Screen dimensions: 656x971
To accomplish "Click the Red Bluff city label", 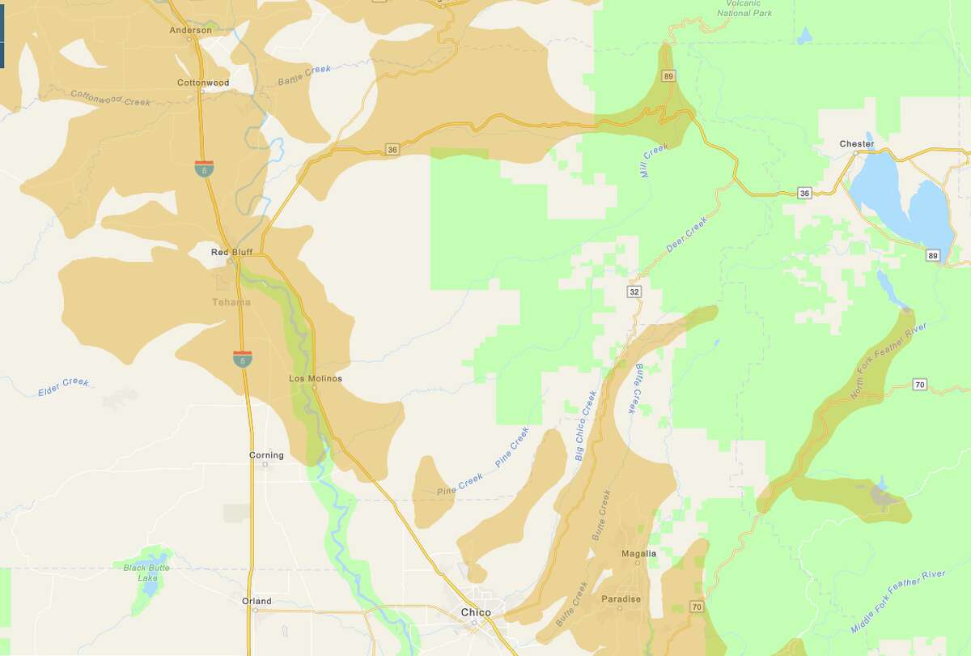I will (231, 252).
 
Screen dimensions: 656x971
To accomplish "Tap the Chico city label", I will (475, 612).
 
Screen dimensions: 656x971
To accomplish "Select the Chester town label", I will (856, 144).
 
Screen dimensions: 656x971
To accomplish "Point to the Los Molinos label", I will (316, 378).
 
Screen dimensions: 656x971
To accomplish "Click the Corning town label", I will (266, 455).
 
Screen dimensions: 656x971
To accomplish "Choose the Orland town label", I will (257, 601).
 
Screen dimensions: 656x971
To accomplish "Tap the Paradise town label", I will (621, 599).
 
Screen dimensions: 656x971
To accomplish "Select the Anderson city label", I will (191, 31).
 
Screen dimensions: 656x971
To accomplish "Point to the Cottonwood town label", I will (203, 83).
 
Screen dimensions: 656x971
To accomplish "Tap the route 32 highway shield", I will (634, 290).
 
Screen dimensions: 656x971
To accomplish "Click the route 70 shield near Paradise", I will (696, 606).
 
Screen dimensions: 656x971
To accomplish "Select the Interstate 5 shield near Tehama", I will (241, 358).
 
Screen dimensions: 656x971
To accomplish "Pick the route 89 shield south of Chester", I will (933, 255).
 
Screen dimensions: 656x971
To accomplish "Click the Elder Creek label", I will (63, 387).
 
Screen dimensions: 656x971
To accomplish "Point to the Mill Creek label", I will (655, 162).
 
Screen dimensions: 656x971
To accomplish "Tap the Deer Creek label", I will (686, 233).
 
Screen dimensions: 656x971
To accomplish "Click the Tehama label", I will (231, 302).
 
